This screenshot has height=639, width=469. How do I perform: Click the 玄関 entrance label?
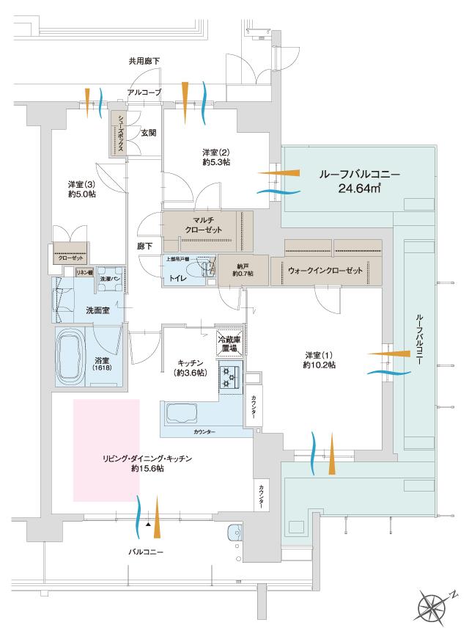pos(149,133)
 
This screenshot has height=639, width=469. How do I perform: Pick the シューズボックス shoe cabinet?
pos(117,134)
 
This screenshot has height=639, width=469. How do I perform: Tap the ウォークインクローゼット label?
pos(325,271)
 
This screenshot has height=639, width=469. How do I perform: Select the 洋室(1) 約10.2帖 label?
pos(320,359)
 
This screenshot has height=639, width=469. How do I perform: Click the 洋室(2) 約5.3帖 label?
pos(217,157)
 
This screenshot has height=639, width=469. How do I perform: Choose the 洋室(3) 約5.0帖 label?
pos(81,189)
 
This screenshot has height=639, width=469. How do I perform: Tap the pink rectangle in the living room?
pos(106,450)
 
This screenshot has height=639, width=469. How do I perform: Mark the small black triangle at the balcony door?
pos(149,525)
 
